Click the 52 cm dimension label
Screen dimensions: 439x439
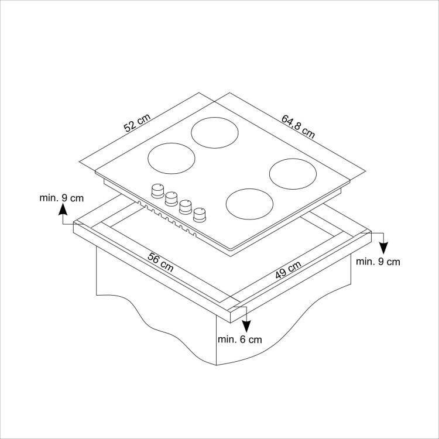click(137, 125)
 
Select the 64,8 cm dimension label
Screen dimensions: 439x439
click(298, 126)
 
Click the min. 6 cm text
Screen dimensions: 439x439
click(239, 339)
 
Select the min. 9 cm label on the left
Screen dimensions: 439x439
click(61, 198)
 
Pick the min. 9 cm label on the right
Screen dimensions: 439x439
click(378, 262)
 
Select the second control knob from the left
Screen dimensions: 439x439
click(172, 198)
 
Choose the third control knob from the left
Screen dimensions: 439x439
click(186, 207)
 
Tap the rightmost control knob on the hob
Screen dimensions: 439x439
click(200, 215)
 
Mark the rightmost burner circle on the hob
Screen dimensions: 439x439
click(293, 173)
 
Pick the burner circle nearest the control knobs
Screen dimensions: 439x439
click(250, 204)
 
